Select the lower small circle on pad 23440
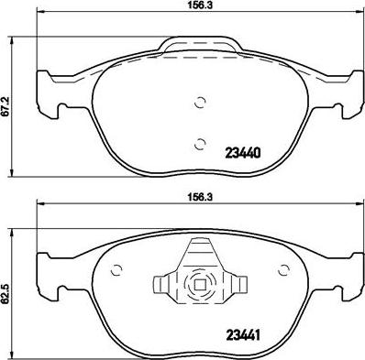click(202, 141)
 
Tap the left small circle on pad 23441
click(116, 269)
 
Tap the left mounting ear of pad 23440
click(46, 96)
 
